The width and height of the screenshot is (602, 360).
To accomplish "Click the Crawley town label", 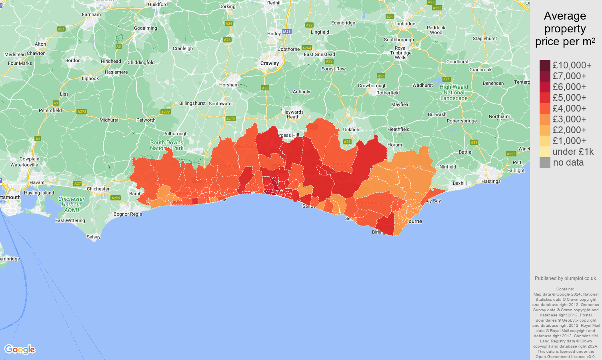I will tap(270, 63).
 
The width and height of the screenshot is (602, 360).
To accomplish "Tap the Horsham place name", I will tap(229, 85).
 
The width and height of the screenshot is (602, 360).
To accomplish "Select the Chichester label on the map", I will tap(98, 189).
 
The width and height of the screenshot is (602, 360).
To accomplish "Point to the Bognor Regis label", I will tap(128, 214).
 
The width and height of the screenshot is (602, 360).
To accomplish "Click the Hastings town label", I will tap(491, 181).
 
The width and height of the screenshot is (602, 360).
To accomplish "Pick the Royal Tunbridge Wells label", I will tap(400, 53).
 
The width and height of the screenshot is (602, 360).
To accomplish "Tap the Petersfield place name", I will tap(50, 110).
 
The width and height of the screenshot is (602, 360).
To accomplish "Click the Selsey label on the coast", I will tap(94, 237).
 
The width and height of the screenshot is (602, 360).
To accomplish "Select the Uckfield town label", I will tap(352, 130).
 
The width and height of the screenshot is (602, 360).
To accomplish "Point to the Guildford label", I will tap(158, 4).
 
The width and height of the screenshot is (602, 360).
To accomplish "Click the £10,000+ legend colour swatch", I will tap(545, 65).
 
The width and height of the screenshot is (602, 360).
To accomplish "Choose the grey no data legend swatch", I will tap(545, 162).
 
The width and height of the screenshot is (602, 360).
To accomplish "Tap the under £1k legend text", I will tap(573, 152).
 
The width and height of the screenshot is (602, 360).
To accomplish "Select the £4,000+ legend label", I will tap(569, 108).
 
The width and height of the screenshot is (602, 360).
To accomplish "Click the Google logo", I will tap(20, 350).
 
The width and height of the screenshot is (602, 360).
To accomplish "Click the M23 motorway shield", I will tap(287, 32).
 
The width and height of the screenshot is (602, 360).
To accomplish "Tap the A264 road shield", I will tap(306, 48).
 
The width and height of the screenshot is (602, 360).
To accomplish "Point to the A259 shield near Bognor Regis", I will tap(116, 198).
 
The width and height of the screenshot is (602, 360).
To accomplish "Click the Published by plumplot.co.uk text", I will tap(566, 278).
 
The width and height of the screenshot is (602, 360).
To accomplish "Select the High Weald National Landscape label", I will tap(454, 92).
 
